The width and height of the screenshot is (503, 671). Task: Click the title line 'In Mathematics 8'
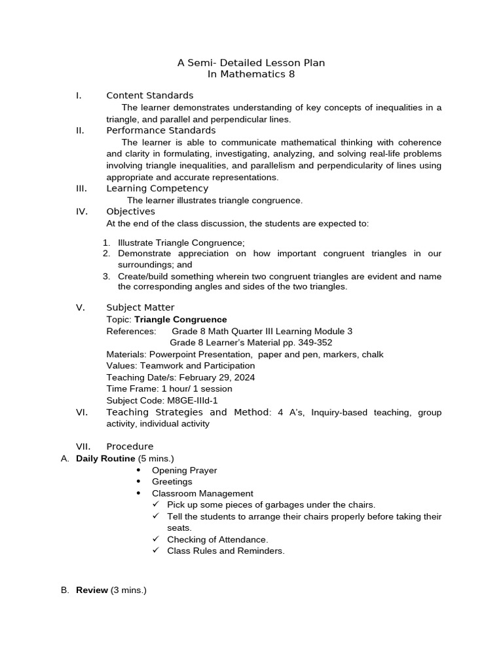tap(251, 74)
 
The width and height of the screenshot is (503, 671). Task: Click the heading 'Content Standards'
tap(150, 96)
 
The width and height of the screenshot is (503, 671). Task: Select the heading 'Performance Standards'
tap(161, 130)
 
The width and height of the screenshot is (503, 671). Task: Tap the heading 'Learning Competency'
tap(157, 189)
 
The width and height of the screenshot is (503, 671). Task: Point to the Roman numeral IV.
tap(81, 212)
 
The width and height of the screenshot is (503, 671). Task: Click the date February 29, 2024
tap(217, 377)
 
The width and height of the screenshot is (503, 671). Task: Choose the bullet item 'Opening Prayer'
tap(184, 470)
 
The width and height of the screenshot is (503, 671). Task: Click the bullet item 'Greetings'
tap(172, 482)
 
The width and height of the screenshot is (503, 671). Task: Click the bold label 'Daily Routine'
tap(105, 459)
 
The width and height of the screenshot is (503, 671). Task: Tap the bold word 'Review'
tap(92, 590)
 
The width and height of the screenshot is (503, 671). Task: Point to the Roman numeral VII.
tap(82, 447)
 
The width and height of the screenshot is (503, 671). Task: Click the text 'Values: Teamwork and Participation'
tap(181, 366)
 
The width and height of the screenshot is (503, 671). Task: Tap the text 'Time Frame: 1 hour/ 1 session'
tap(169, 389)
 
